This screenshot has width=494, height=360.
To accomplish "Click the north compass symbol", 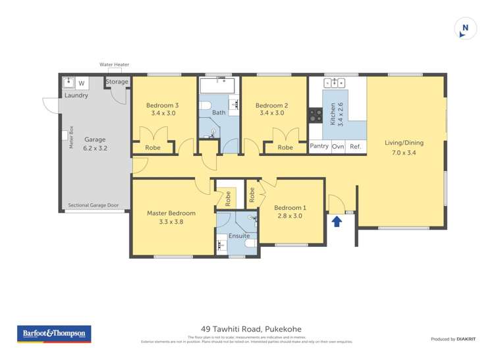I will [465, 28].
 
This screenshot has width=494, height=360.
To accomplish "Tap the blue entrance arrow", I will [337, 221].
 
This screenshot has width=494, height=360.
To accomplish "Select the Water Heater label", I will [114, 64].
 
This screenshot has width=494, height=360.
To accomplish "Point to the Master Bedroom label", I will [171, 213].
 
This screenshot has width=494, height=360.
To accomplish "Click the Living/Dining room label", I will [404, 143].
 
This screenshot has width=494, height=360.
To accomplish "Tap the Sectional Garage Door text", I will [93, 205].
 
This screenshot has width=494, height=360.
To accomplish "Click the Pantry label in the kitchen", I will [319, 146].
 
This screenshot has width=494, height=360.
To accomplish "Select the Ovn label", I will [339, 146].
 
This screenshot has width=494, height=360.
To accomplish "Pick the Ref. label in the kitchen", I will [355, 146].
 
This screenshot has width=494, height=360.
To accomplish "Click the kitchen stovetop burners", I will [316, 116].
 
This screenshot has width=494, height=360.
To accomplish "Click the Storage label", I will [117, 82].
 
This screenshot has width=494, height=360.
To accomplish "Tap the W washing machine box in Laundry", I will [82, 84].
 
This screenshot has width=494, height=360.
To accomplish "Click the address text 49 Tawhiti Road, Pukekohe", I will [251, 330].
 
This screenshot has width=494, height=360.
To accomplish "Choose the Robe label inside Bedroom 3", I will [153, 147].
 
